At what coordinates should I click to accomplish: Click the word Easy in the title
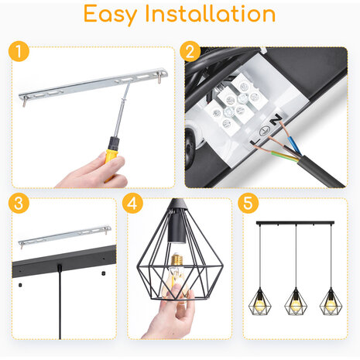[114, 15]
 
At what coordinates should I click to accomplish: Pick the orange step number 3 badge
[19, 205]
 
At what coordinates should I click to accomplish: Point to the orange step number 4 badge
[134, 205]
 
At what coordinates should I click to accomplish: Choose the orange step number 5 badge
[249, 205]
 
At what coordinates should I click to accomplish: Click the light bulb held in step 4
[177, 290]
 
